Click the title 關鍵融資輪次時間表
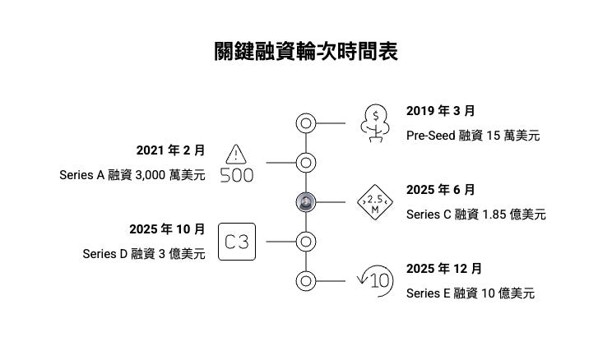[306, 53]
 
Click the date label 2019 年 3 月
[440, 110]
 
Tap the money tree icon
[376, 123]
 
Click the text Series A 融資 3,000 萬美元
[132, 175]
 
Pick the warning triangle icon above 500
[237, 154]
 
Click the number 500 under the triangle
[237, 175]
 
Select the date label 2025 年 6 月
[440, 189]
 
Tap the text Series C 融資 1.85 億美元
[476, 215]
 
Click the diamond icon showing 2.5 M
[374, 202]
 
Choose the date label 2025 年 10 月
[167, 228]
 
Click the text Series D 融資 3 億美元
[144, 254]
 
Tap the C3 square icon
[238, 242]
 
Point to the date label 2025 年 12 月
[444, 268]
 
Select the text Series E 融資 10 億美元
[471, 293]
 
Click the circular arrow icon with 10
[374, 280]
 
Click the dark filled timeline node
[306, 202]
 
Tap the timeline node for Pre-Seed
[306, 123]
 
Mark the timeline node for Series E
[306, 280]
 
